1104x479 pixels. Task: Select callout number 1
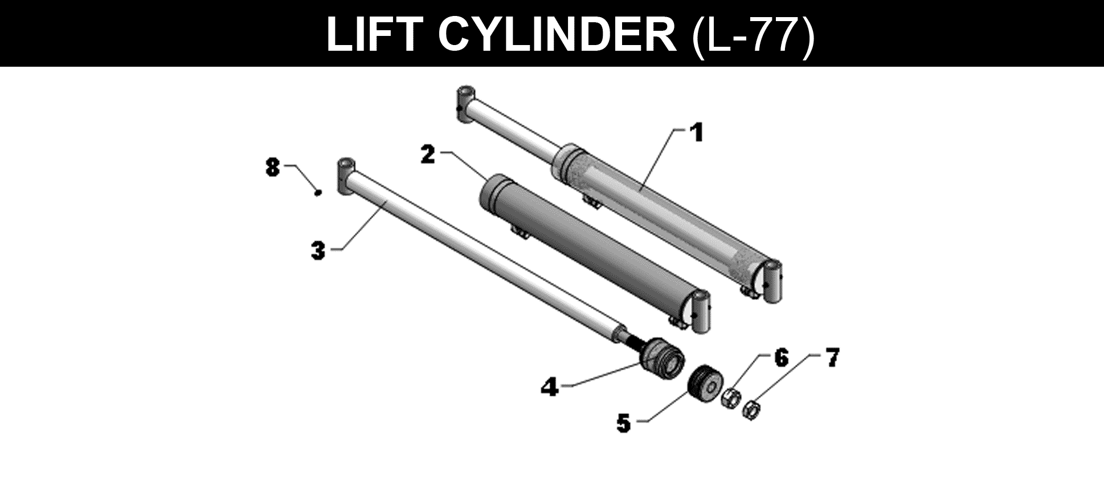tap(696, 133)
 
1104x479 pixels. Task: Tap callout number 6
tap(780, 358)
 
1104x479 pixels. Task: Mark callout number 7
tap(832, 358)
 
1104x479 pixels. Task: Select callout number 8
tap(273, 168)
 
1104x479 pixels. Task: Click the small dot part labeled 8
tap(318, 193)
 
